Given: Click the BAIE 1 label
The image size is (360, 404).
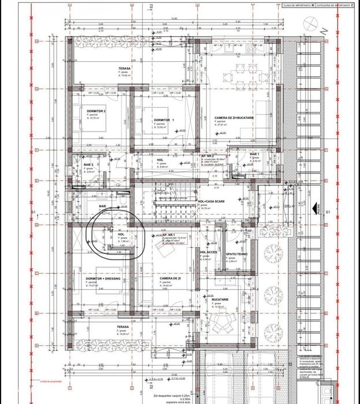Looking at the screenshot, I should coord(255,155).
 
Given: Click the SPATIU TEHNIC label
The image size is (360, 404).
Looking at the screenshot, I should coord(237,255).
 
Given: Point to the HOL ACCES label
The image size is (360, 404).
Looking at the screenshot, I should coord(209,252).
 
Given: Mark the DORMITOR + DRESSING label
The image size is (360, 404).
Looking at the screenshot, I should coord(102,278).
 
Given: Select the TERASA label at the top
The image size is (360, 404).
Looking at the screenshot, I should coord(124,68).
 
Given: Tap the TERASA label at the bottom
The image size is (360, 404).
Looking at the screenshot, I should coord(123,327).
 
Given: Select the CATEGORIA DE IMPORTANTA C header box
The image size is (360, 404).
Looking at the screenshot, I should coord(335,5).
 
